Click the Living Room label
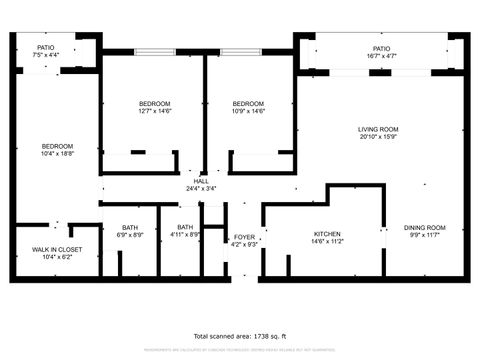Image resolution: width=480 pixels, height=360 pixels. tap(379, 129)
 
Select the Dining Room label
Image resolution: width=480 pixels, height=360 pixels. tap(425, 228)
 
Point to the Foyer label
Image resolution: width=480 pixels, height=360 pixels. tap(244, 236)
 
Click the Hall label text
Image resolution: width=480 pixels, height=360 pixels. tap(201, 181)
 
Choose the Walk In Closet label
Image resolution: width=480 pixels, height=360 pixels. tap(56, 249)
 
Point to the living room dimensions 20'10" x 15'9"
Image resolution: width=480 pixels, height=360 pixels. tap(379, 138)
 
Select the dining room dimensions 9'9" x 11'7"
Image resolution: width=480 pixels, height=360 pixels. tap(425, 236)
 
